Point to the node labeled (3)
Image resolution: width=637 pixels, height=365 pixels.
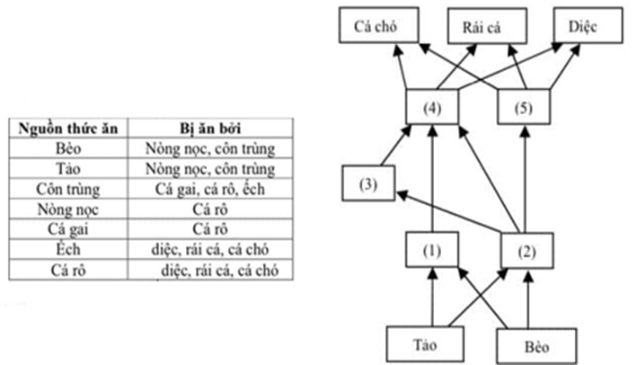tap(367, 183)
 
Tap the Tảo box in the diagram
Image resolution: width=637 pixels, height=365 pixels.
tap(423, 343)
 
